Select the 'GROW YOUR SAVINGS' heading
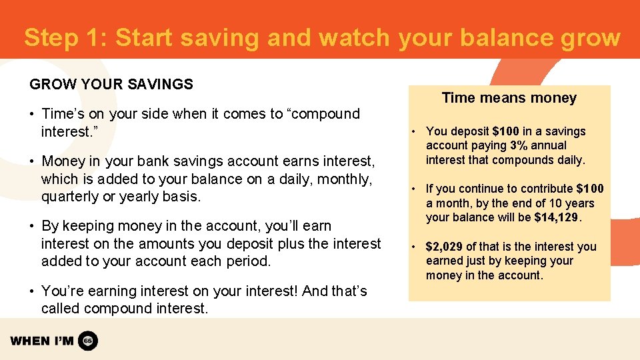(111, 85)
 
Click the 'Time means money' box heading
(509, 98)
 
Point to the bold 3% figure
(519, 145)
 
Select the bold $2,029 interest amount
(444, 247)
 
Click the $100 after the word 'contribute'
(590, 189)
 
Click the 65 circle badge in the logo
(88, 341)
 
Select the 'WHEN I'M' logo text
(42, 341)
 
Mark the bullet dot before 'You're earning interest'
(33, 291)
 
